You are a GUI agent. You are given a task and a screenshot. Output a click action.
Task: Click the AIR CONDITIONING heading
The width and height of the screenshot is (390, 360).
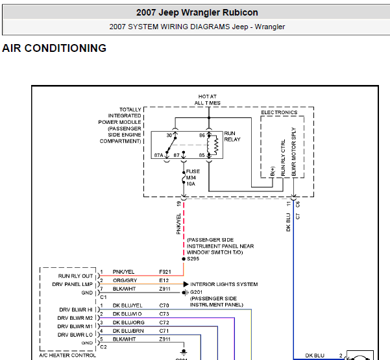tap(55, 48)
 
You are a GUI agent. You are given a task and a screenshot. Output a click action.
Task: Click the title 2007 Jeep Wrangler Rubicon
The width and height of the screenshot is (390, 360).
tap(197, 12)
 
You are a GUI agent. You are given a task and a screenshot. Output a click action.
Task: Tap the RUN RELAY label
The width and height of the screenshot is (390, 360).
tap(232, 136)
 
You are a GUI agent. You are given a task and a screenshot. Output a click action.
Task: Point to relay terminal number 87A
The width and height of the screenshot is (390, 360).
tap(158, 155)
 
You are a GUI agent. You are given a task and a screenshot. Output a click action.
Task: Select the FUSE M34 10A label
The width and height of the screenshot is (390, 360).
tap(193, 178)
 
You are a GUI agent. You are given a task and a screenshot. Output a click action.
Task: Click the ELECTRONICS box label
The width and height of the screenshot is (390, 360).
tap(279, 112)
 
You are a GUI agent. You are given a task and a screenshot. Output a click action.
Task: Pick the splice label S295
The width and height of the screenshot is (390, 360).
tap(193, 259)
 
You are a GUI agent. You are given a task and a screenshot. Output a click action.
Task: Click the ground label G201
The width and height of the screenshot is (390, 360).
tap(196, 292)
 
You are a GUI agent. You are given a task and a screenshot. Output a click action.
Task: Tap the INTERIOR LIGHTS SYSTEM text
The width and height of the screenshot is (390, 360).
tap(224, 284)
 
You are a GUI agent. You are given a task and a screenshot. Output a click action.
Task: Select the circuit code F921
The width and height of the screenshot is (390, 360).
tap(165, 272)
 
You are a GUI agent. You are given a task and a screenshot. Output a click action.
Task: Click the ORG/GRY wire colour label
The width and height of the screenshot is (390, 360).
tap(125, 280)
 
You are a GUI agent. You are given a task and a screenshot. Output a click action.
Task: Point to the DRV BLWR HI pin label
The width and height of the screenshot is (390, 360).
tap(76, 310)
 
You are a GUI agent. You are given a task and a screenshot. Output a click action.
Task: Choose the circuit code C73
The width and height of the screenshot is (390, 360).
tap(164, 314)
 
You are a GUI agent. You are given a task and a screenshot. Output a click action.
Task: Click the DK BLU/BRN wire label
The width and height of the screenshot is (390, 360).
tap(128, 331)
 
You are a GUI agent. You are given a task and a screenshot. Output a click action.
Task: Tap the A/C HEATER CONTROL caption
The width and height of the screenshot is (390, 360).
tap(67, 355)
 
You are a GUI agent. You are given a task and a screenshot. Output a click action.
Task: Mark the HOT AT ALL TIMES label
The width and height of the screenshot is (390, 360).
tap(208, 100)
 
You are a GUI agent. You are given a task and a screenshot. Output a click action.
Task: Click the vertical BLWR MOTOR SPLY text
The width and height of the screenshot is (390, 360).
tap(294, 152)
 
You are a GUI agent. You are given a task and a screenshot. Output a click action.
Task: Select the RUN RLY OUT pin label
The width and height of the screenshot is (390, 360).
tap(75, 276)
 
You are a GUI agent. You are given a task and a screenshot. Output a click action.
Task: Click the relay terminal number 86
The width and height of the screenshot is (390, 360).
tap(202, 136)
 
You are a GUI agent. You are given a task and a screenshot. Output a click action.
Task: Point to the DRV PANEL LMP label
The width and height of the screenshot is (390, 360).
tap(73, 284)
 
